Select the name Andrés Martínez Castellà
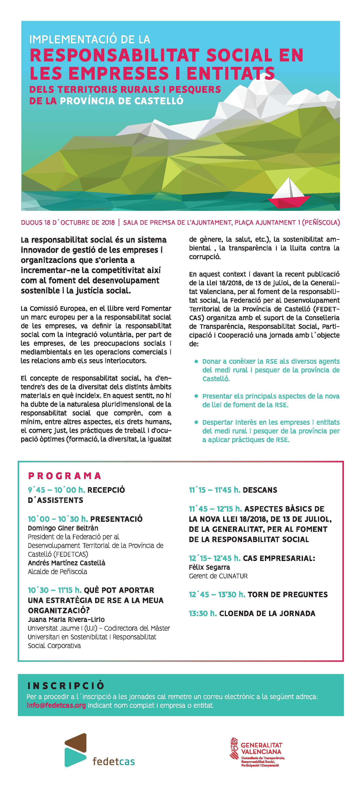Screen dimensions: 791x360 tap(66, 563)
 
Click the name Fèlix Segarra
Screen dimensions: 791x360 tap(209, 567)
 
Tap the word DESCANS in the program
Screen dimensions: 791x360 tap(260, 490)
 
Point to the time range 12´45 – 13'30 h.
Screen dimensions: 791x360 tap(217, 595)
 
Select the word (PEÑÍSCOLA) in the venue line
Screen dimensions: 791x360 tap(321, 222)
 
